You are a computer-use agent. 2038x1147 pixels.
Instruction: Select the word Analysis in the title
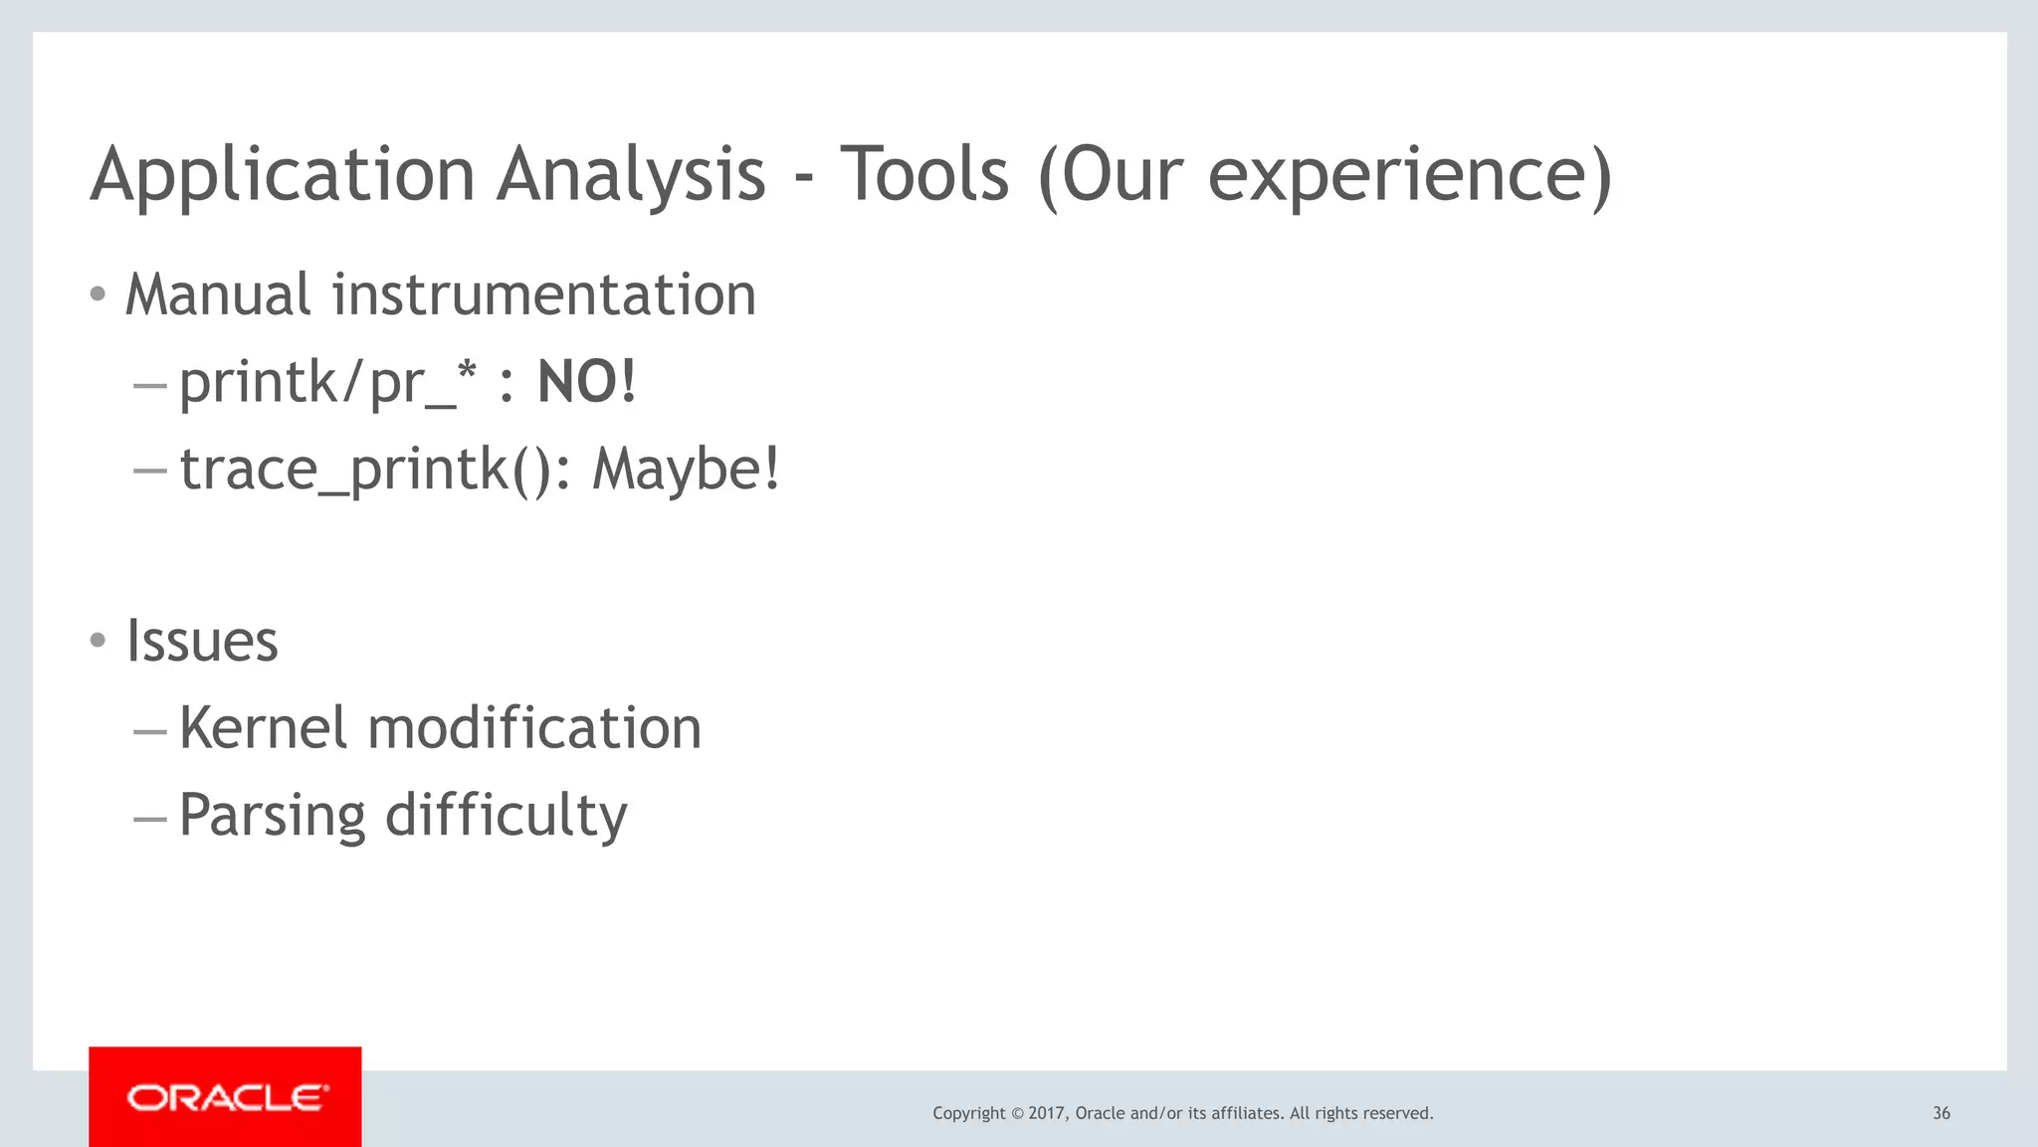pos(631,176)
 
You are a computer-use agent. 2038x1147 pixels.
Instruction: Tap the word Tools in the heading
pos(924,174)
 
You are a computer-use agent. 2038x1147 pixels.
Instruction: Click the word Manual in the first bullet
pos(218,295)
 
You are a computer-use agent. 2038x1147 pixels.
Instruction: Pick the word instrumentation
pos(543,295)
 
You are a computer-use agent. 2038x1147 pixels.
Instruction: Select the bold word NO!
pos(586,382)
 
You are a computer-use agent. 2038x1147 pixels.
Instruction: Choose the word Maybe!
pos(687,469)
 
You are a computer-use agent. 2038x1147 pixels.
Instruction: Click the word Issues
pos(202,641)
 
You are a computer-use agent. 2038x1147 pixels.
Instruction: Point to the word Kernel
pos(264,727)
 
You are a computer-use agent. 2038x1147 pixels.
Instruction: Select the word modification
pos(534,727)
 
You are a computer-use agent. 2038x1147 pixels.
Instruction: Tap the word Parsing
pos(272,816)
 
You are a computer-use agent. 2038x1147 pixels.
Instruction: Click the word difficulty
pos(506,816)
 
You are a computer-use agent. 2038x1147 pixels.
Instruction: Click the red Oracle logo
pos(226,1097)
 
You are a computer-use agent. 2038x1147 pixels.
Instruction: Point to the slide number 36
pos(1940,1113)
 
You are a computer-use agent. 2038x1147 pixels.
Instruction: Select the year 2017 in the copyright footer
pos(1047,1113)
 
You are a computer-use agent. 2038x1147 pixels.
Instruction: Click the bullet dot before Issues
pos(98,641)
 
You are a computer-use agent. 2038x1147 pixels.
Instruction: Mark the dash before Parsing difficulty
pos(149,819)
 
